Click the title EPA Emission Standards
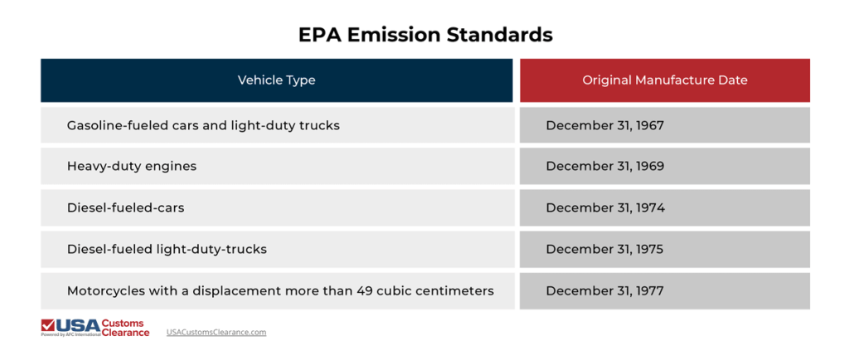click(x=424, y=35)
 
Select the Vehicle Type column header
click(x=276, y=80)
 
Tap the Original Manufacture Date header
click(x=664, y=80)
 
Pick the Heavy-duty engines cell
click(x=132, y=166)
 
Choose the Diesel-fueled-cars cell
click(x=125, y=207)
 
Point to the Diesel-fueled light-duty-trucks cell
click(x=167, y=249)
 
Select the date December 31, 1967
click(x=604, y=125)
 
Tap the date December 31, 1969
click(x=604, y=166)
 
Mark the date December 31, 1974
click(x=604, y=207)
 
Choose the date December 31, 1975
click(x=604, y=249)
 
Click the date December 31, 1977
click(x=604, y=290)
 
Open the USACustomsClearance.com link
click(x=216, y=332)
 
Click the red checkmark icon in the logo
click(x=48, y=324)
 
